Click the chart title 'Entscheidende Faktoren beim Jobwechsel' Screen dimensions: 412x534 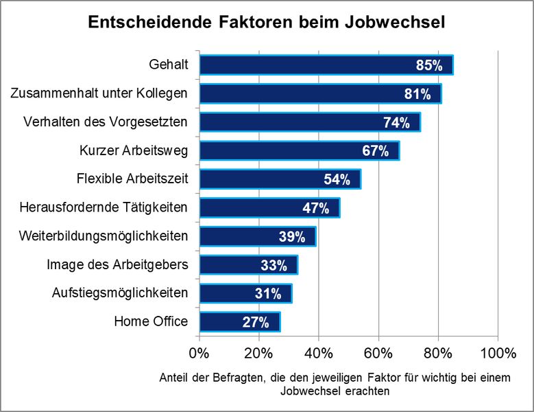267,22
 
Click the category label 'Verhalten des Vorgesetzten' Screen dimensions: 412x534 106,122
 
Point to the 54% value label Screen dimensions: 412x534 337,180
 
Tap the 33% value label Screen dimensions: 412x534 274,266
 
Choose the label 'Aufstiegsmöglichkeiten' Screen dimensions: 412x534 120,293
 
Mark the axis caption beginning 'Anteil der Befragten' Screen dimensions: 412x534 335,385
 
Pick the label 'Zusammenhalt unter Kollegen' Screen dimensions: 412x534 99,93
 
